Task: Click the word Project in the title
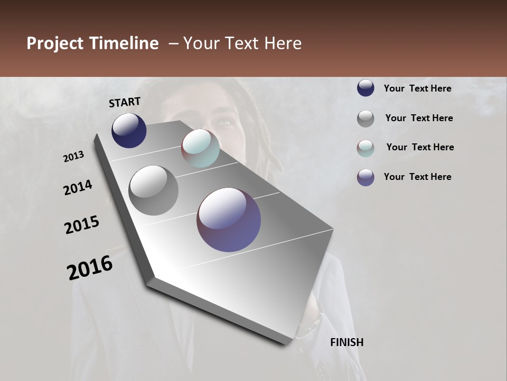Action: [55, 43]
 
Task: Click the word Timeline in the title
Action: [124, 43]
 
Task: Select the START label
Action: [125, 102]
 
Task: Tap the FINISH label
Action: [346, 342]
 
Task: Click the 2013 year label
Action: [74, 157]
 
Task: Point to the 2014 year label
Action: [78, 188]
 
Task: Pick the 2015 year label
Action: [82, 225]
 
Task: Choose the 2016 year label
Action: [90, 268]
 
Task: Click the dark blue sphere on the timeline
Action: [129, 131]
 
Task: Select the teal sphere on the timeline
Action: [201, 148]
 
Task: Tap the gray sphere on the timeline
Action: [153, 190]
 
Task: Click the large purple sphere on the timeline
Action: [229, 220]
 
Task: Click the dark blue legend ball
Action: [365, 88]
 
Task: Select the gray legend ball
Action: [365, 119]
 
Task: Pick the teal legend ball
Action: [365, 148]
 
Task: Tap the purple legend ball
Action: [365, 177]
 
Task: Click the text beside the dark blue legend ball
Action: [417, 88]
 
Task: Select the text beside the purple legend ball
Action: [417, 177]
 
